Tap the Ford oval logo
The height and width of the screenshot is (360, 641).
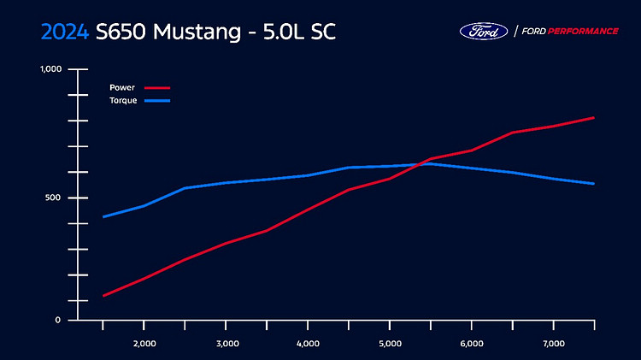point(484,31)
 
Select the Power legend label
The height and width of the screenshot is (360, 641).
point(122,87)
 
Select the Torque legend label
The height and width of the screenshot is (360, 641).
point(123,101)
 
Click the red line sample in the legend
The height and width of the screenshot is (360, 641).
point(158,87)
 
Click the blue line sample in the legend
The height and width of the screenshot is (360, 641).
point(158,101)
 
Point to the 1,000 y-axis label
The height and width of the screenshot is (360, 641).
point(52,69)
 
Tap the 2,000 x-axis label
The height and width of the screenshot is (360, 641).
point(144,344)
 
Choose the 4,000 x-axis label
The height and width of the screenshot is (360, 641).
point(308,344)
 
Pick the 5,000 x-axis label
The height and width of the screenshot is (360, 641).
point(390,344)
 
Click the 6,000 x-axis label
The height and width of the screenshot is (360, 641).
point(472,344)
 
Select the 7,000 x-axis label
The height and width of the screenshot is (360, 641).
point(554,344)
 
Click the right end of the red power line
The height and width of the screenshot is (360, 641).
point(594,117)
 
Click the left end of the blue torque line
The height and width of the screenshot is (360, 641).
point(103,217)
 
